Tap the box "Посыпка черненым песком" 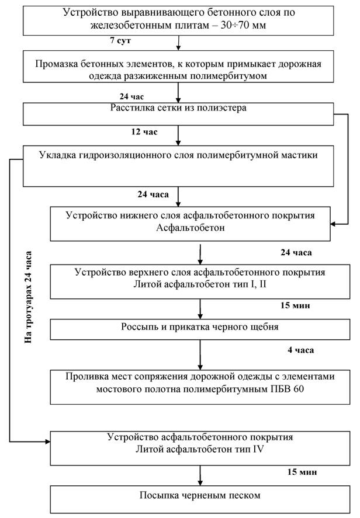tap(200, 496)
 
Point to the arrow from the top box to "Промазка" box tap(179, 42)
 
